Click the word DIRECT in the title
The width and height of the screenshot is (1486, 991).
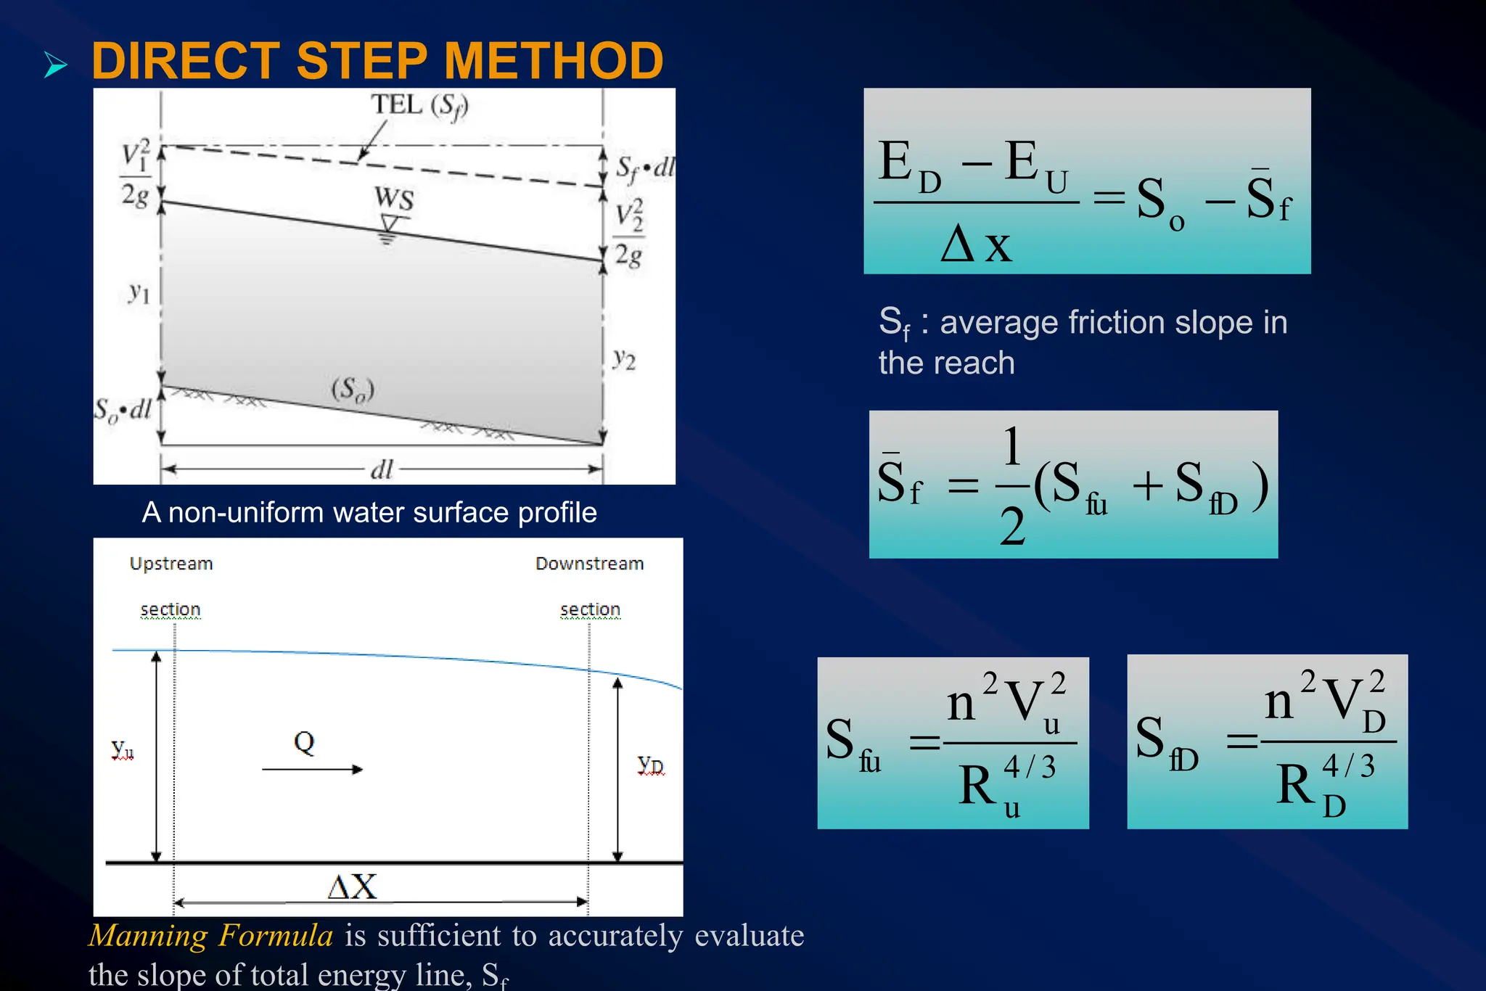coord(186,60)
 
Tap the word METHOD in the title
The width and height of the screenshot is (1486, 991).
coord(554,60)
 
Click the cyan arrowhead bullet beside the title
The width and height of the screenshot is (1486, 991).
coord(55,65)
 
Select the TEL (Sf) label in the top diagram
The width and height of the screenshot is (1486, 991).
coord(420,106)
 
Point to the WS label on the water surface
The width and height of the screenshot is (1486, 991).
coord(394,198)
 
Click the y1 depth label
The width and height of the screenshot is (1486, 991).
coord(139,293)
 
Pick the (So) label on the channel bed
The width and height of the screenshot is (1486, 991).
coord(353,390)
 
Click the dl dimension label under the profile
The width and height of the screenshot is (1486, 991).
coord(382,470)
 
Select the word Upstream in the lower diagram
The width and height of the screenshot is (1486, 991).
coord(171,564)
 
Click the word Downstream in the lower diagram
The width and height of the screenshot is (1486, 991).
coord(589,564)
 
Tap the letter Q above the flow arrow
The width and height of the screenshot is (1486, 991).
coord(304,742)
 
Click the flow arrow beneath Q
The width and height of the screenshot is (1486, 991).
coord(312,769)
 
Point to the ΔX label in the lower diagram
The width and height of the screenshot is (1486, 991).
coord(353,887)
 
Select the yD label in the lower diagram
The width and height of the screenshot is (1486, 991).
coord(651,765)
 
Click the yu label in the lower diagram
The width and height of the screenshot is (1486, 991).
coord(123,749)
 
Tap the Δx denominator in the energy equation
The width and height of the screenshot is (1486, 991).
coord(976,244)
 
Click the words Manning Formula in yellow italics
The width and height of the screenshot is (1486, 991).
coord(211,935)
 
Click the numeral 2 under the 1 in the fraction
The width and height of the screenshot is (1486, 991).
coord(1012,527)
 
